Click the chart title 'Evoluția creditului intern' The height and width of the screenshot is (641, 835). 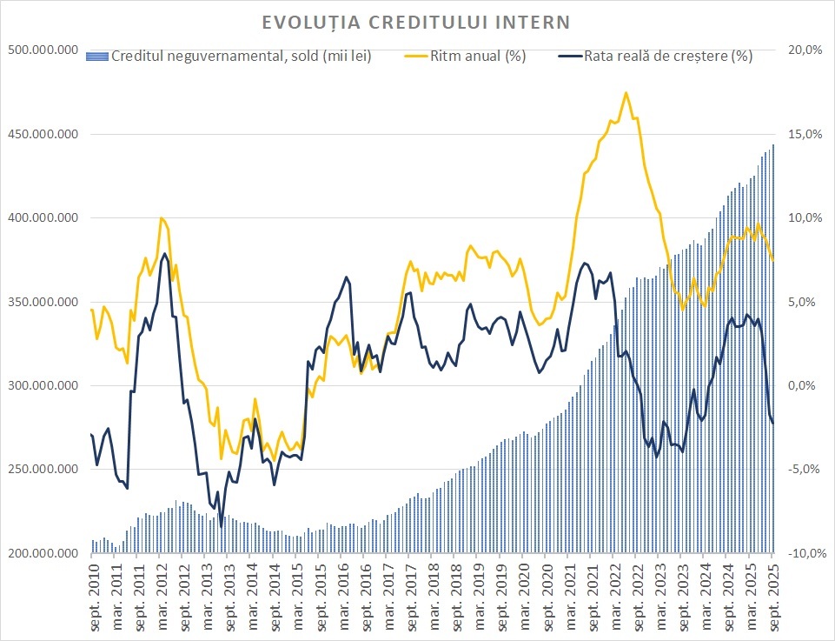(418, 21)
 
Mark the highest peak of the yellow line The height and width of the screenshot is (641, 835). (626, 92)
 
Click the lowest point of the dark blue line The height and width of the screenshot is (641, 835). (221, 526)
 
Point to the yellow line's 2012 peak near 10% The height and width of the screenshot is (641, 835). (162, 218)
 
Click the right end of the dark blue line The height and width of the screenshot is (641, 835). (773, 423)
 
